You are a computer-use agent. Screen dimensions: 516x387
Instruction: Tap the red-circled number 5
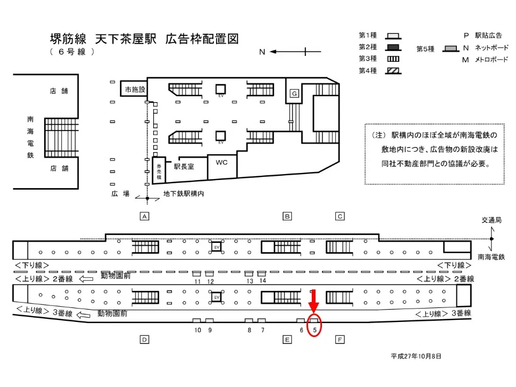click(x=314, y=330)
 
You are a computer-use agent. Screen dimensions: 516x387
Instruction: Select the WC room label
click(x=221, y=162)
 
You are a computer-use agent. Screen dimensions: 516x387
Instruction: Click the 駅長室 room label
click(x=184, y=167)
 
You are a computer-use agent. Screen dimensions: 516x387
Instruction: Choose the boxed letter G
click(x=295, y=94)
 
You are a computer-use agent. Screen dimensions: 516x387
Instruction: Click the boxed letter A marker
click(x=145, y=216)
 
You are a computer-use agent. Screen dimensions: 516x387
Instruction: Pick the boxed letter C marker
click(x=340, y=216)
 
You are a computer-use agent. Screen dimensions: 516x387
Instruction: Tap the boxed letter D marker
click(x=145, y=340)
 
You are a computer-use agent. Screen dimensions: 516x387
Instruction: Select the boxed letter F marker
click(x=340, y=340)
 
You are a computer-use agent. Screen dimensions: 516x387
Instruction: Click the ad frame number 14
click(x=263, y=281)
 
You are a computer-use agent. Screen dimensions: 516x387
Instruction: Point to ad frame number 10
click(x=197, y=330)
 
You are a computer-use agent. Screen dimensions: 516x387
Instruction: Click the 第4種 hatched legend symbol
click(x=393, y=71)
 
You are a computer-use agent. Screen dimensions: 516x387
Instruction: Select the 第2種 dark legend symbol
click(x=393, y=47)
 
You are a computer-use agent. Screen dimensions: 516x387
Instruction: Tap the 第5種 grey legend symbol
click(x=451, y=49)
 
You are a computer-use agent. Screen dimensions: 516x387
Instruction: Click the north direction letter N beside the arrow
click(x=262, y=52)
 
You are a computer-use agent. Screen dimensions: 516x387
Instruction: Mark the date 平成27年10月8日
click(x=416, y=356)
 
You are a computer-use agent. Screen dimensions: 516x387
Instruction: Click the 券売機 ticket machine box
click(x=159, y=170)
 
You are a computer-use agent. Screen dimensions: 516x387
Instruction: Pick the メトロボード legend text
click(x=491, y=60)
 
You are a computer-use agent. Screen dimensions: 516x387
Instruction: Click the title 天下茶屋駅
click(x=126, y=39)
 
